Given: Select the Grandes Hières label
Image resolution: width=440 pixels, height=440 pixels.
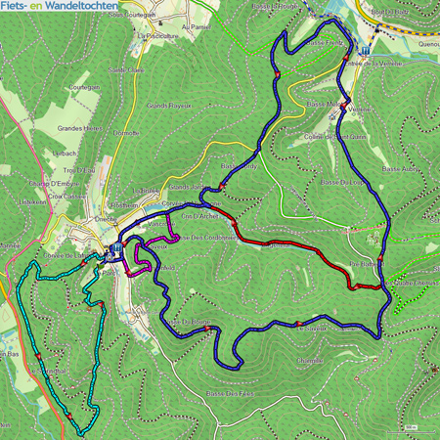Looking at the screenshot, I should point(80,127).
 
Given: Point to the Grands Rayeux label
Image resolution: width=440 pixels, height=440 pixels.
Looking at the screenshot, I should point(167,106).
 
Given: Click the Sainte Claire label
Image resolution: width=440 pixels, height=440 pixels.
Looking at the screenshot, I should point(125,70).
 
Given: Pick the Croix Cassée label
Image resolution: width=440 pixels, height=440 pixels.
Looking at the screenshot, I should point(60,196).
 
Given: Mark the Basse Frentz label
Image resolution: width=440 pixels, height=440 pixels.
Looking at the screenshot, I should point(326,43).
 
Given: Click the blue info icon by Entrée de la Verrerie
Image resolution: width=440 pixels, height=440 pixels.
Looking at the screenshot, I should point(365,51).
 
